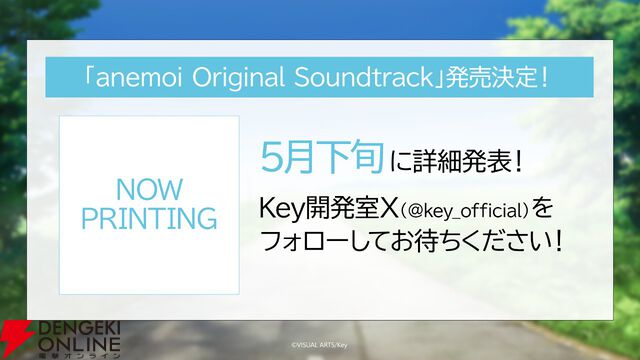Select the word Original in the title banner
(233, 77)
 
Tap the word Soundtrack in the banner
(349, 77)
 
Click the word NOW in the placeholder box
(149, 191)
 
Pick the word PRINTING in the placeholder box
(149, 219)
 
